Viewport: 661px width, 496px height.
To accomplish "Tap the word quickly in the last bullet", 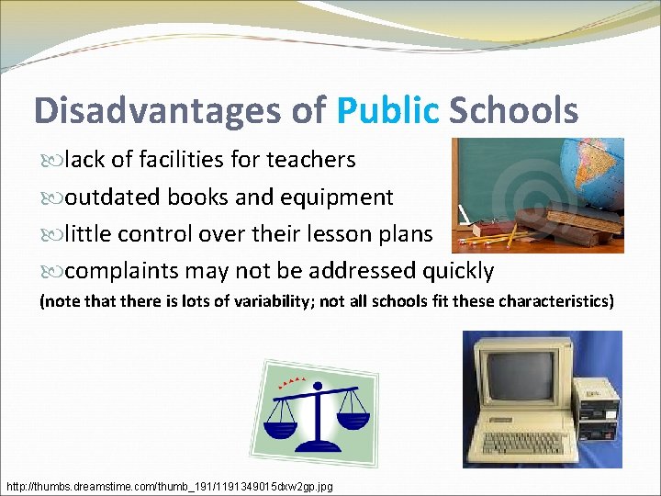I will point(458,272).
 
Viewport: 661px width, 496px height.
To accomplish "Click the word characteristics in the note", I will point(554,301).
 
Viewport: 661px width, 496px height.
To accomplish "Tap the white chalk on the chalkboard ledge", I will point(465,214).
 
